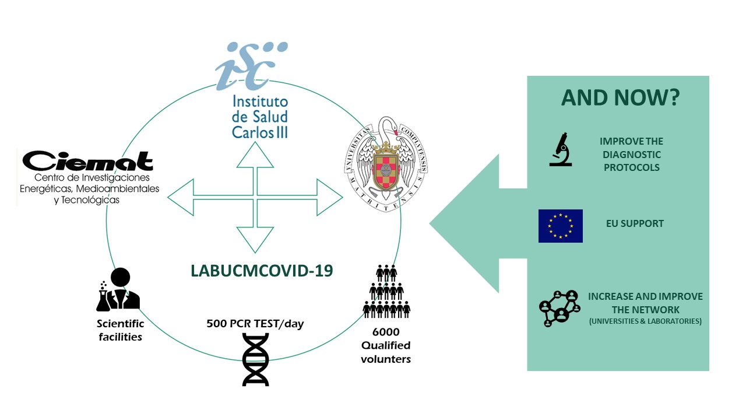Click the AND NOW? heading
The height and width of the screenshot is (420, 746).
tap(621, 97)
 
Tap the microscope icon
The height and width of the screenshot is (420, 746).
tap(561, 149)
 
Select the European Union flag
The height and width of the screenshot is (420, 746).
tap(561, 226)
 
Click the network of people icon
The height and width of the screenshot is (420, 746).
tap(560, 309)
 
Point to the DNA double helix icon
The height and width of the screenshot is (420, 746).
tap(255, 360)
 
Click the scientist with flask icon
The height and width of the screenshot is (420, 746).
tap(118, 289)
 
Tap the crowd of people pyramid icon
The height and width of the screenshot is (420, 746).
tap(386, 291)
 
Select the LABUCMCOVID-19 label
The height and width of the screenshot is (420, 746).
tap(262, 271)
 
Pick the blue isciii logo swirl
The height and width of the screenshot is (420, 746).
tap(251, 66)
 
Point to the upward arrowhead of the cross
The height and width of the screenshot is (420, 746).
tap(255, 155)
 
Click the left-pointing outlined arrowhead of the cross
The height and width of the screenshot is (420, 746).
tap(181, 197)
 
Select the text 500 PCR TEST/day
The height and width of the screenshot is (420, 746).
tap(255, 324)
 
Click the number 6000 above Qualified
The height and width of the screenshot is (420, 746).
tap(386, 332)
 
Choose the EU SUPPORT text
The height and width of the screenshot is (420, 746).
tap(635, 223)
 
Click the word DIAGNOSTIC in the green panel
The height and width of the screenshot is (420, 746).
tap(631, 155)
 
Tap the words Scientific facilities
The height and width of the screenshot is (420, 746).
tap(120, 330)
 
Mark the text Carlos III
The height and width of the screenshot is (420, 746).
tap(260, 132)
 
